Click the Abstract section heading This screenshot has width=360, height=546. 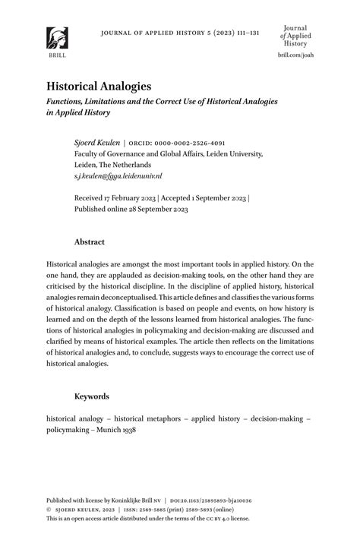tap(90, 242)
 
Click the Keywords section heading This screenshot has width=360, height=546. tap(92, 396)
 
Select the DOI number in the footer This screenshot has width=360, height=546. tap(242, 501)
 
